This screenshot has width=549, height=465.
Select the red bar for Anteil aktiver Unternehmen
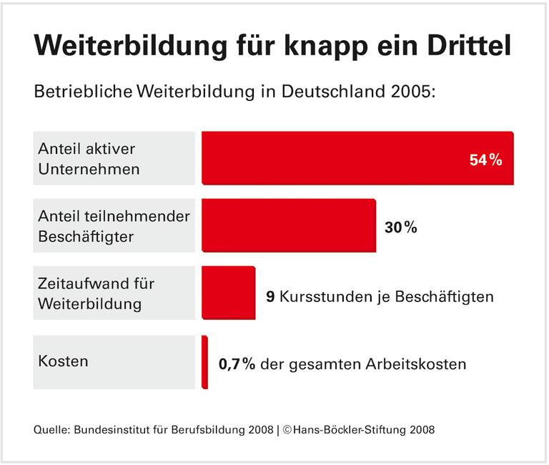coord(357,159)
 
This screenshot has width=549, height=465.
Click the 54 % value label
coord(486,160)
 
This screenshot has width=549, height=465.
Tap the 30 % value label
coord(400,227)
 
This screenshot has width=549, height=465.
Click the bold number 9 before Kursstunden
coord(269,296)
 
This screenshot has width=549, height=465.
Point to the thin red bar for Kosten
coord(204,362)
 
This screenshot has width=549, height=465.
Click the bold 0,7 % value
coord(237,364)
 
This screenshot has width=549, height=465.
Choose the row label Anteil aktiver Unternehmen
coord(89,159)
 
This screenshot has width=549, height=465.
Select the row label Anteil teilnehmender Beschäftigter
coord(114,226)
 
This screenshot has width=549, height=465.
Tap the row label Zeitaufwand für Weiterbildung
coord(96,293)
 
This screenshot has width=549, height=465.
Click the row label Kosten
coord(63,361)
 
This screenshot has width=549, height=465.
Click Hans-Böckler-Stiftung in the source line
coord(345,430)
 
